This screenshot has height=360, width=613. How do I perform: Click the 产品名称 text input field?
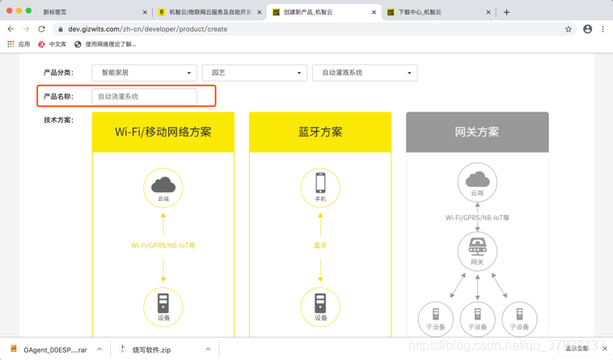(x=144, y=96)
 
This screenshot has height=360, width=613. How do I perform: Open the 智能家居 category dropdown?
(x=144, y=73)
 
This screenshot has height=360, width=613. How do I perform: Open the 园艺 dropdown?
(x=254, y=73)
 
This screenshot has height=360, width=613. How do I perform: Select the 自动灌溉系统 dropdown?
(x=364, y=73)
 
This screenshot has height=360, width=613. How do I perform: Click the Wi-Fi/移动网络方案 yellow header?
(x=163, y=132)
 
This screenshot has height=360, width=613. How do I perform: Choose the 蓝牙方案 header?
(x=320, y=132)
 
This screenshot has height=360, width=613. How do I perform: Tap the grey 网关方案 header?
(x=477, y=132)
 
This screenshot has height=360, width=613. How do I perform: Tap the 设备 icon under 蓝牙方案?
(x=320, y=305)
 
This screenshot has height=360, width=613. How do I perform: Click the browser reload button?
(x=42, y=29)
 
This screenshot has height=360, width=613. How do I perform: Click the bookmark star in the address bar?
(x=569, y=29)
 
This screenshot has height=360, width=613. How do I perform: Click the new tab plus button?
(x=507, y=12)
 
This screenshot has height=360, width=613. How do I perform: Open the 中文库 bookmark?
(x=53, y=44)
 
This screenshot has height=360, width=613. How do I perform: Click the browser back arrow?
(x=11, y=29)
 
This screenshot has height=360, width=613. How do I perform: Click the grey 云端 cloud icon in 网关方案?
(x=477, y=180)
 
